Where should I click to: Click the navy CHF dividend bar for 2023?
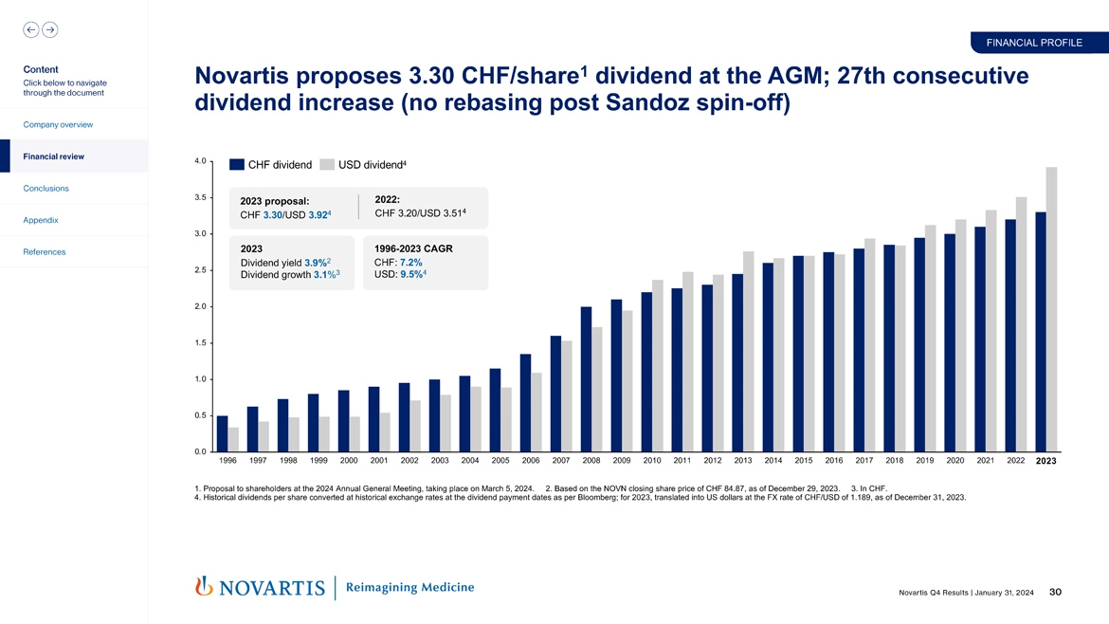tap(1041, 332)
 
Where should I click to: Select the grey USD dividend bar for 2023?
tap(1051, 309)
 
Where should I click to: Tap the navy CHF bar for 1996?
tap(223, 433)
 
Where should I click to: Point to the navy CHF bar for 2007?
tap(555, 394)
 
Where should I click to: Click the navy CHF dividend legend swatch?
tap(237, 165)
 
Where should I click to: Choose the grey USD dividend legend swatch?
tap(327, 165)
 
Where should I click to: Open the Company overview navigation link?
tap(59, 124)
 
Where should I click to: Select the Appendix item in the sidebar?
tap(42, 220)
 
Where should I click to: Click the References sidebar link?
tap(45, 251)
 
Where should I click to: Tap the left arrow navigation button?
tap(31, 29)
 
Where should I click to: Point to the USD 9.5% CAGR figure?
tap(410, 275)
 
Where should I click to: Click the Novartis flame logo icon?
tap(202, 587)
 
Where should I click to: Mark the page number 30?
tap(1055, 593)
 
